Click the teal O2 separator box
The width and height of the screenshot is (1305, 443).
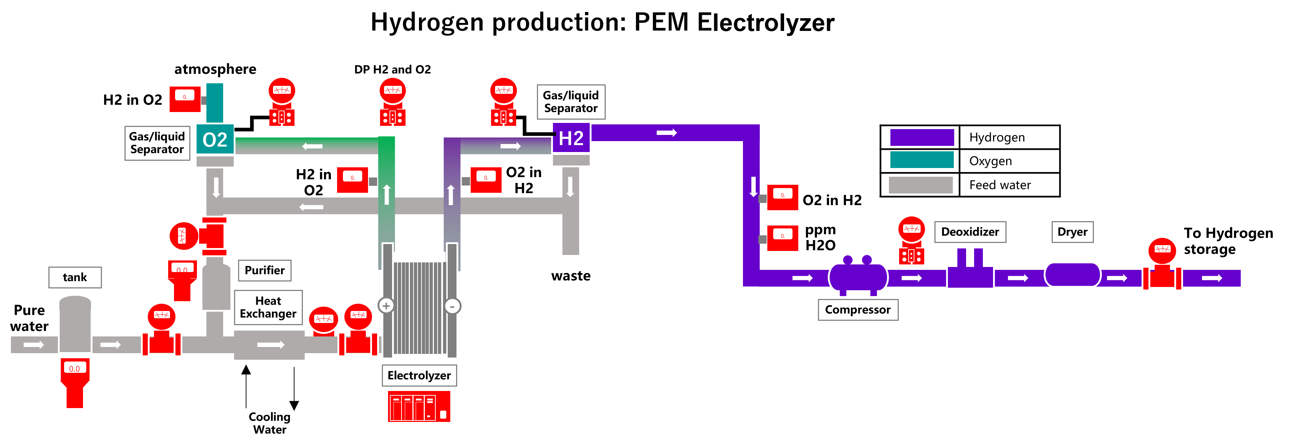coord(215,139)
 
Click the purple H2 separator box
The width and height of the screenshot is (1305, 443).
coord(571,138)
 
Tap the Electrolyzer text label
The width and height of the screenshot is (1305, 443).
coord(419,375)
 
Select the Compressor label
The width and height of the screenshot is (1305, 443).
coord(858,310)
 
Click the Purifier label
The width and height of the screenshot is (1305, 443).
coord(264,270)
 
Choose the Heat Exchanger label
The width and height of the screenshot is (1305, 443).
coord(268,307)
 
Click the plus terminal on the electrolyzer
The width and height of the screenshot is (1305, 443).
coord(386,306)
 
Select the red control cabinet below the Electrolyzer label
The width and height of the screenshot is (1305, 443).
coord(419,406)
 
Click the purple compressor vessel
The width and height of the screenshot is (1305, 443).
coord(858,277)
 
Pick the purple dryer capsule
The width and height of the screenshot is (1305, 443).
coord(1072,274)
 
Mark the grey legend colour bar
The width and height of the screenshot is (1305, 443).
coord(921,185)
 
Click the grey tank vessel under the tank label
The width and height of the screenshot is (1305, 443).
coord(75,324)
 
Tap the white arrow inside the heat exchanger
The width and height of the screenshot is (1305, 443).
coord(270,345)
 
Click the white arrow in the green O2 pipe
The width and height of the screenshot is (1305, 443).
coord(313,146)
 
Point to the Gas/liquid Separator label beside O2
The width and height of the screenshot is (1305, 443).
coord(157,143)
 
